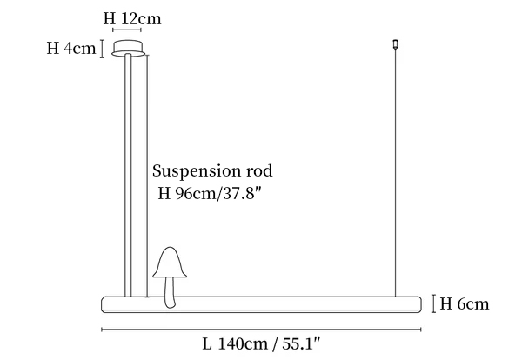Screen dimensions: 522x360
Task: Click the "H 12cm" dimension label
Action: pos(132,18)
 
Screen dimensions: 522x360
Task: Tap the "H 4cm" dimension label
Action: pos(71,48)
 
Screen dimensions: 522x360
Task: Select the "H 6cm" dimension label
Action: pos(465,303)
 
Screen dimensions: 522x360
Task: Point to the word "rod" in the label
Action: pos(259,170)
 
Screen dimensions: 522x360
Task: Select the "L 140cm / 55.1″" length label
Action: pos(261,344)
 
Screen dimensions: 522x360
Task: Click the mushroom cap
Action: pos(170,263)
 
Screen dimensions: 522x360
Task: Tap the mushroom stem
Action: pos(170,292)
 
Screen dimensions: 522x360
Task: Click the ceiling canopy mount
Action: pos(128,49)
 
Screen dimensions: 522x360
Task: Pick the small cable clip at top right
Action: pos(396,44)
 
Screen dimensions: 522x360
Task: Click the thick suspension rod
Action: pos(128,175)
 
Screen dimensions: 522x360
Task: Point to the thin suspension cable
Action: pos(396,172)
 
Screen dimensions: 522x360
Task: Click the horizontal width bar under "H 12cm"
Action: pos(127,30)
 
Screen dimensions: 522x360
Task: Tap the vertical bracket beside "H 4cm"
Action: pos(103,49)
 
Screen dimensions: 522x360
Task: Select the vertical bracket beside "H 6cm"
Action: pos(433,303)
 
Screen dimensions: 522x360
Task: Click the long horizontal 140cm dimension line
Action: pos(261,330)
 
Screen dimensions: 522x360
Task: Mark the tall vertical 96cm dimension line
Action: pos(147,176)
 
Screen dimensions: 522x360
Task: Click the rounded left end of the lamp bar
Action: pos(104,304)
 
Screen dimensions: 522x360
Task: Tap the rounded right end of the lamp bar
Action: pos(419,304)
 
